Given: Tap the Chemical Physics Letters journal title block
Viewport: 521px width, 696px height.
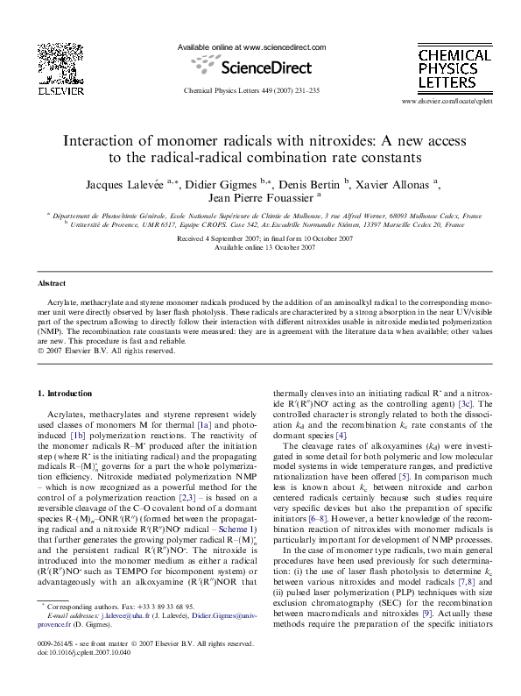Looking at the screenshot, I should (454, 71).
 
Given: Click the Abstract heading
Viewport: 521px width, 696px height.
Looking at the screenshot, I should (52, 284).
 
